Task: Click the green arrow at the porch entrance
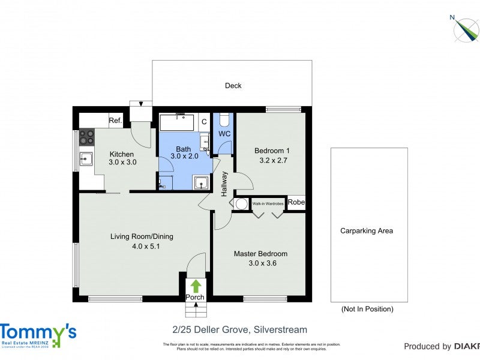(x=195, y=286)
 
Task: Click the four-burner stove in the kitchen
(x=86, y=137)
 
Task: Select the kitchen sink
(x=86, y=160)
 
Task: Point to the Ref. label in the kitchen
(x=116, y=121)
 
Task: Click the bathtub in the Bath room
(x=176, y=122)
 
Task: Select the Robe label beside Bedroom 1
(x=296, y=203)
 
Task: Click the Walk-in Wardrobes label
(x=268, y=203)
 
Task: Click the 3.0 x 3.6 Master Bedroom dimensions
(x=260, y=263)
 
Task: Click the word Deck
(x=233, y=86)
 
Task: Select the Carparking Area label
(x=367, y=230)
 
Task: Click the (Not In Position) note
(x=367, y=309)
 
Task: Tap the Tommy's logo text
(x=38, y=332)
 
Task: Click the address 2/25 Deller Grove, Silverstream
(x=239, y=329)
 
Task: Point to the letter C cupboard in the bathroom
(x=204, y=122)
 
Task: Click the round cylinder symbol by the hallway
(x=241, y=204)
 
